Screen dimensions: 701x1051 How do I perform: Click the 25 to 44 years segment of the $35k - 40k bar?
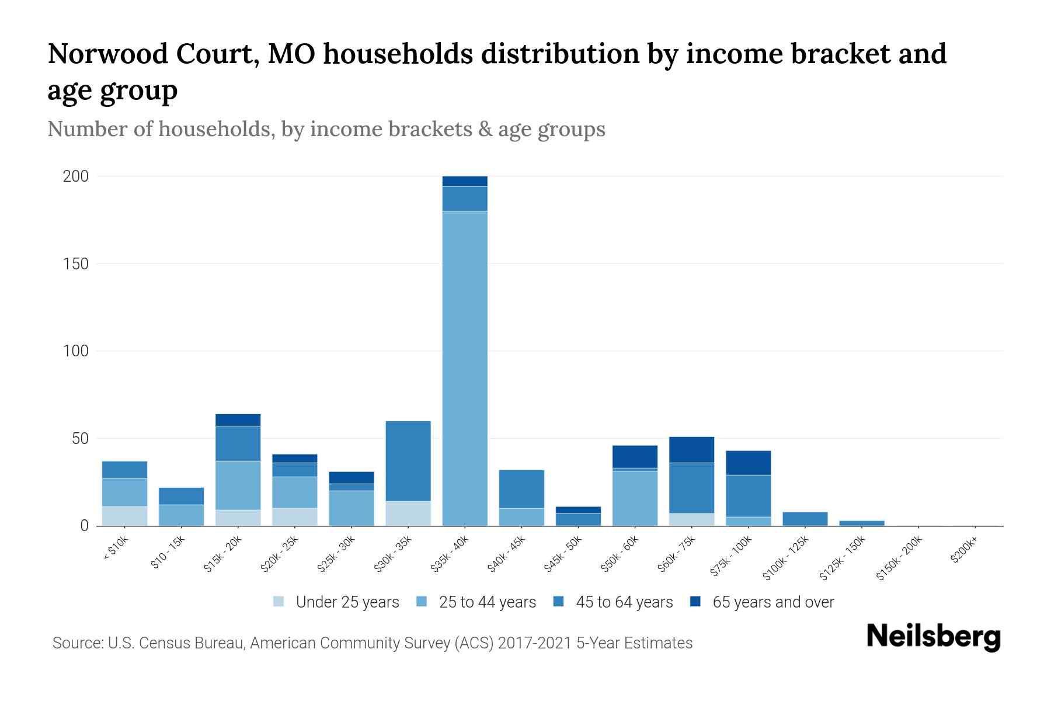(465, 368)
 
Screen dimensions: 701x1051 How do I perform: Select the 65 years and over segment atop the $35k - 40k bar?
(465, 181)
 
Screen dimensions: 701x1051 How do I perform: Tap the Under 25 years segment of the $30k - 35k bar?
(408, 513)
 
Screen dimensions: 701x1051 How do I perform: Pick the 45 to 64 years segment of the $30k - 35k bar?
(408, 461)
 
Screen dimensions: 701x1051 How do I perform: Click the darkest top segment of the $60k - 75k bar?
(691, 450)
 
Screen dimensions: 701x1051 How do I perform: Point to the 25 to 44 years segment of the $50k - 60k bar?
(635, 498)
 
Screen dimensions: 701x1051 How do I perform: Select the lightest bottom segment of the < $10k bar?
(124, 516)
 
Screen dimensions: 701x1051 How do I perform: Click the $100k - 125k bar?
(805, 519)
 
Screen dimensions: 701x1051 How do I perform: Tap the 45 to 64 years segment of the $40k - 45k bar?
(521, 489)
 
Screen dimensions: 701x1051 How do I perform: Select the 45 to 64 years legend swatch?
(559, 602)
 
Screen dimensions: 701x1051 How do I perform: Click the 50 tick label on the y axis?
(80, 439)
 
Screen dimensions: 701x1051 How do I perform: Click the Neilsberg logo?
(933, 637)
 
